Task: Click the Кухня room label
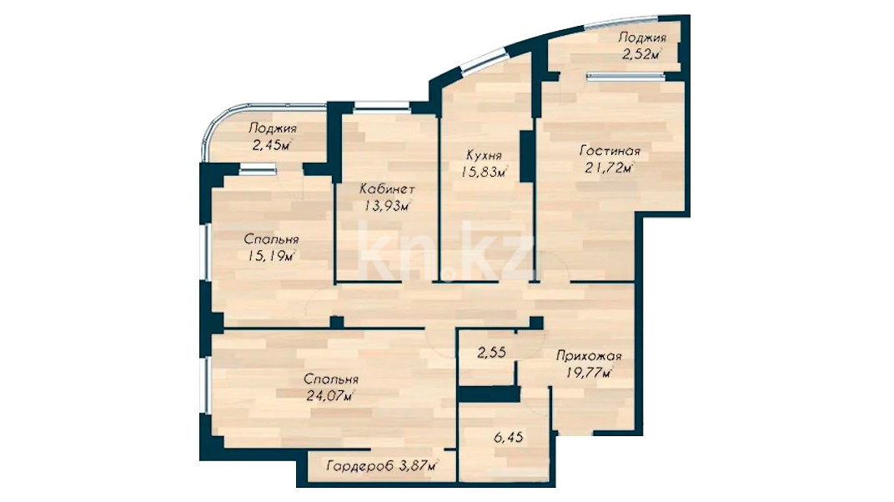click(x=484, y=155)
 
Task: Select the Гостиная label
click(x=610, y=152)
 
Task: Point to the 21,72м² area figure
click(x=610, y=168)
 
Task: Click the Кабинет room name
click(x=387, y=189)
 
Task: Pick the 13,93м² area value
click(x=387, y=206)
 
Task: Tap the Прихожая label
click(x=589, y=357)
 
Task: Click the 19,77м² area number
click(x=590, y=374)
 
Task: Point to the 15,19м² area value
click(x=271, y=256)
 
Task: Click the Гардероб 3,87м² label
click(x=383, y=466)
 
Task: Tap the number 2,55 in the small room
click(x=491, y=352)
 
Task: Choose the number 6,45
click(x=508, y=438)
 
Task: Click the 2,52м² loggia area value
click(x=641, y=55)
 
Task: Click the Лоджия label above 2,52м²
click(x=642, y=38)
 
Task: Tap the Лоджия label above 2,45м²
click(x=273, y=128)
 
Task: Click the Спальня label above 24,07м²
click(x=331, y=379)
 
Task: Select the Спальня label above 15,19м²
click(x=271, y=239)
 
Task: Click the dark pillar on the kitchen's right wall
click(x=527, y=156)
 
